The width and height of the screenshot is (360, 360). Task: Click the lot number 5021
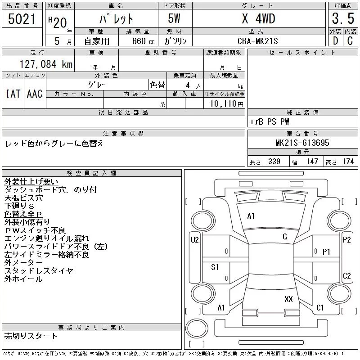22,19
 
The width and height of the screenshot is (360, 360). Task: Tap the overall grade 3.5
343,18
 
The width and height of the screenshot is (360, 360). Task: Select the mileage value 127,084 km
46,64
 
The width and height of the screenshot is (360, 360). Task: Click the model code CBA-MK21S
257,41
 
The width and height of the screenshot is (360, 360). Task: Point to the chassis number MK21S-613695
302,143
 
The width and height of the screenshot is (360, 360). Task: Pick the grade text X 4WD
258,18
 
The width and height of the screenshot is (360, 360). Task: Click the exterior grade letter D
335,41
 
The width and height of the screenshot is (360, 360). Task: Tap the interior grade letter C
350,41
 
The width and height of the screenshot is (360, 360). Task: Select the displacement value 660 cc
143,41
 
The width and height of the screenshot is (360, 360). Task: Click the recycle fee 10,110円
226,104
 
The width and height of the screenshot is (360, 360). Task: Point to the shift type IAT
13,94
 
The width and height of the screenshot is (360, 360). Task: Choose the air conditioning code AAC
35,94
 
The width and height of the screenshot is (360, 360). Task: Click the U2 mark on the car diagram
195,240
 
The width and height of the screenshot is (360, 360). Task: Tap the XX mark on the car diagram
288,299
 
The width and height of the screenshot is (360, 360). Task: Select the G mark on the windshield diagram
285,237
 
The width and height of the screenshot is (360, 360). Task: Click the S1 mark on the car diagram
215,267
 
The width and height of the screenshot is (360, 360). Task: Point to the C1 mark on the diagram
320,307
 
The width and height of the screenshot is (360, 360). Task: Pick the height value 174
348,162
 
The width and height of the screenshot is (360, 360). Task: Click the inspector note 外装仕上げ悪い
31,182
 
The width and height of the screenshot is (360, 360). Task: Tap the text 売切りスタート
31,336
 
